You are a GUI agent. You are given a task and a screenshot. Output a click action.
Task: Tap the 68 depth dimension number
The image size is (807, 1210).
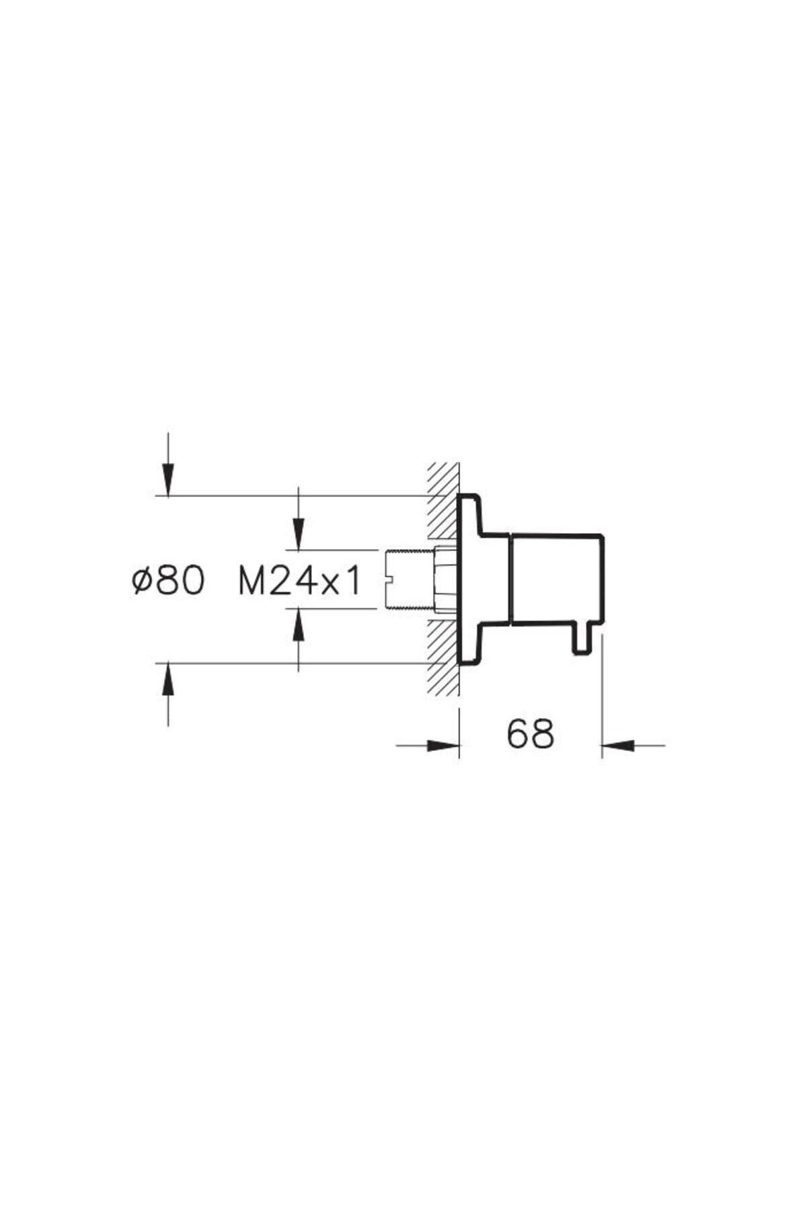tap(531, 733)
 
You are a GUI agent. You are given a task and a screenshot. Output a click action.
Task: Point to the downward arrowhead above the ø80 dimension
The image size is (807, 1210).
tap(167, 481)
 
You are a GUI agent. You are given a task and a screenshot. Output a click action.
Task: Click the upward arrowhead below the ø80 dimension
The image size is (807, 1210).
tap(167, 678)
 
